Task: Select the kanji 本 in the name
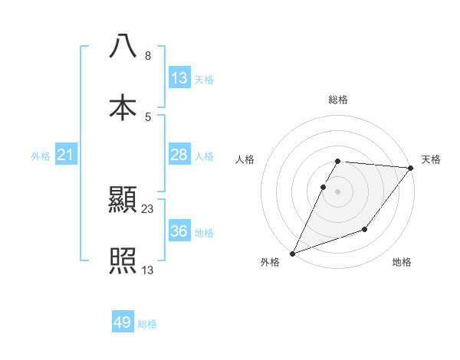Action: point(123,107)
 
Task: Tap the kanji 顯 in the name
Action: point(123,201)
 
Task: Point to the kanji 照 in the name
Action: point(123,261)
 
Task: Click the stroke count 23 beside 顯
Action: point(148,208)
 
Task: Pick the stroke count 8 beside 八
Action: point(147,56)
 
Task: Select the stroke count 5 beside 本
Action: point(147,116)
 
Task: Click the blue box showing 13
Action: point(179,78)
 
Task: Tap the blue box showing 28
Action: point(179,155)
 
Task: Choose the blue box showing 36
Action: point(179,231)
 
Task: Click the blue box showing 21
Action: point(66,155)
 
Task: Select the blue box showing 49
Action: point(123,322)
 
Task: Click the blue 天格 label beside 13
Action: point(204,79)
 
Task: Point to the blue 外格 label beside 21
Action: point(41,156)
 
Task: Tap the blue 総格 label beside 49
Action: point(147,324)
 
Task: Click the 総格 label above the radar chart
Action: point(338,100)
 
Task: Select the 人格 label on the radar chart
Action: point(245,159)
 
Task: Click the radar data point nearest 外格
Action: point(292,253)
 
